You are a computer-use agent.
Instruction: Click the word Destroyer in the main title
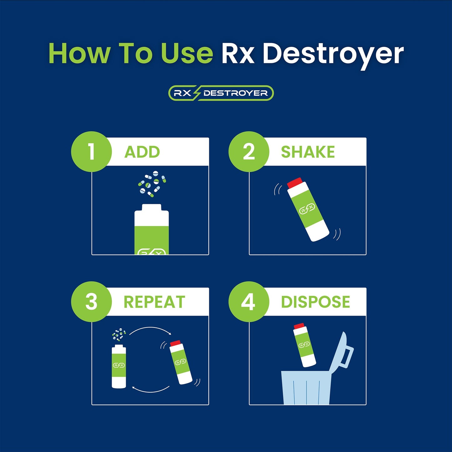[x=333, y=54]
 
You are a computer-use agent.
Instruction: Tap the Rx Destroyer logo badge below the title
[x=221, y=93]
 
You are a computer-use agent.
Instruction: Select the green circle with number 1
[x=91, y=152]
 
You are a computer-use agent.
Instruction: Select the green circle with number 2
[x=249, y=152]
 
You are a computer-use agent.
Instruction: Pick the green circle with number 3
[x=91, y=302]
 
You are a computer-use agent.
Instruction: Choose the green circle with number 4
[x=249, y=302]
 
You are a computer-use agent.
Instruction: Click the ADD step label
[x=142, y=152]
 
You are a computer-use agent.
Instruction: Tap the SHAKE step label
[x=308, y=152]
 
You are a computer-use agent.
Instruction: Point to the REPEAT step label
[x=154, y=302]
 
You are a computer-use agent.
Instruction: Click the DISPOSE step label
[x=315, y=302]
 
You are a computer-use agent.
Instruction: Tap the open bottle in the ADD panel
[x=152, y=230]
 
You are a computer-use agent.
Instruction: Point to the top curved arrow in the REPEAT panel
[x=150, y=330]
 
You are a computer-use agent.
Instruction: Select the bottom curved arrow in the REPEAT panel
[x=150, y=390]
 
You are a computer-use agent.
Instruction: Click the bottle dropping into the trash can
[x=304, y=345]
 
